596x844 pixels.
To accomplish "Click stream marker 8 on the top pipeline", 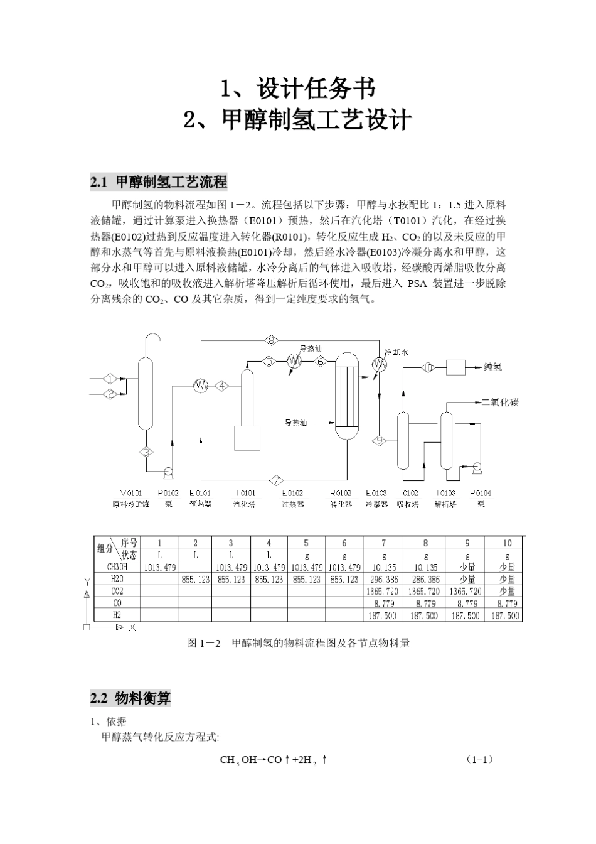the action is [x=270, y=340].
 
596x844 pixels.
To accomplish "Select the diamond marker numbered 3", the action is [x=147, y=452].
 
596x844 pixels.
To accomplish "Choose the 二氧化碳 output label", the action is [x=499, y=403].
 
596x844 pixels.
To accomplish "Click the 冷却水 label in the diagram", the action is [x=396, y=352].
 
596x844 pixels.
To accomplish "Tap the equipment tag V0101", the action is [x=130, y=494].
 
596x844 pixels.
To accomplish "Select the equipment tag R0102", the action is [x=340, y=494].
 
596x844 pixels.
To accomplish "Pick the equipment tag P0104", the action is [x=481, y=494].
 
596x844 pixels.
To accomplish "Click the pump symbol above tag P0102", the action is [x=168, y=472].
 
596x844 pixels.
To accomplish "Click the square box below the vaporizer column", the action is [x=247, y=438].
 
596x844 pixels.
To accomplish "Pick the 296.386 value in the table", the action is [x=383, y=580].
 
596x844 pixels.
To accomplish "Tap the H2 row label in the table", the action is [x=117, y=615].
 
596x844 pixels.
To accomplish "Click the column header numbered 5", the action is [x=306, y=543].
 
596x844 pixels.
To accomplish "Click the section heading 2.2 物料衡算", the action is [x=130, y=698].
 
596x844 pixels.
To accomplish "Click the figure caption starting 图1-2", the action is [x=298, y=643].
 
